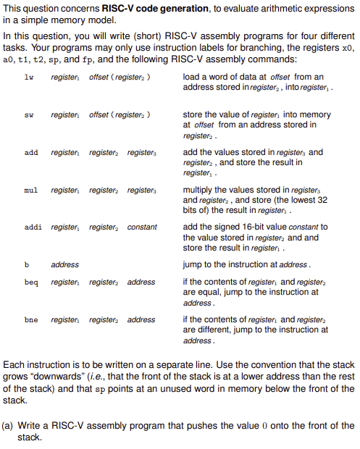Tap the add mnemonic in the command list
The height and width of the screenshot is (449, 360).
click(30, 154)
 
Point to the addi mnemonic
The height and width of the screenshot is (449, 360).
click(33, 227)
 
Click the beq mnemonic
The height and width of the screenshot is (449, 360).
click(30, 282)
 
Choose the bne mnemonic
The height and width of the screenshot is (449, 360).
click(30, 320)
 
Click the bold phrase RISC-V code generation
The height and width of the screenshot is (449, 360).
click(135, 9)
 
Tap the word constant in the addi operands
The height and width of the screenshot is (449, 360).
click(142, 227)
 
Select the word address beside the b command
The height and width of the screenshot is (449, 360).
click(65, 265)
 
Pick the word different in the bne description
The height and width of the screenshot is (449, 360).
click(217, 330)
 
